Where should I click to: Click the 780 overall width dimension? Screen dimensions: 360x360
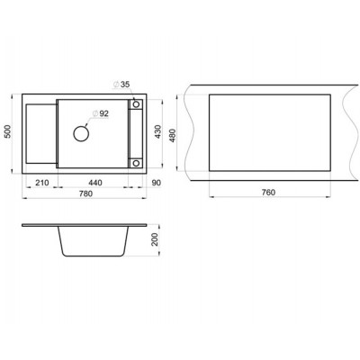(x=85, y=193)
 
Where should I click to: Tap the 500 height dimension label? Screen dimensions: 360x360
(x=8, y=131)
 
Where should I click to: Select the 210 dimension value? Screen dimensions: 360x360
(x=42, y=183)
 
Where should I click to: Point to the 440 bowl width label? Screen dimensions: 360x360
(x=95, y=183)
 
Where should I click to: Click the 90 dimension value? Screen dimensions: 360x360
(x=157, y=183)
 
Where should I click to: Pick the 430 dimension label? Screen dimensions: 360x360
(x=157, y=131)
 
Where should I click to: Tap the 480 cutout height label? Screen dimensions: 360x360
(x=173, y=135)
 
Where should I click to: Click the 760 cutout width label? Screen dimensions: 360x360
(x=268, y=193)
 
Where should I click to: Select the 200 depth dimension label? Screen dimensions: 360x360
(x=155, y=239)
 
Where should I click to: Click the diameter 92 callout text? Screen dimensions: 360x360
(x=101, y=113)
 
